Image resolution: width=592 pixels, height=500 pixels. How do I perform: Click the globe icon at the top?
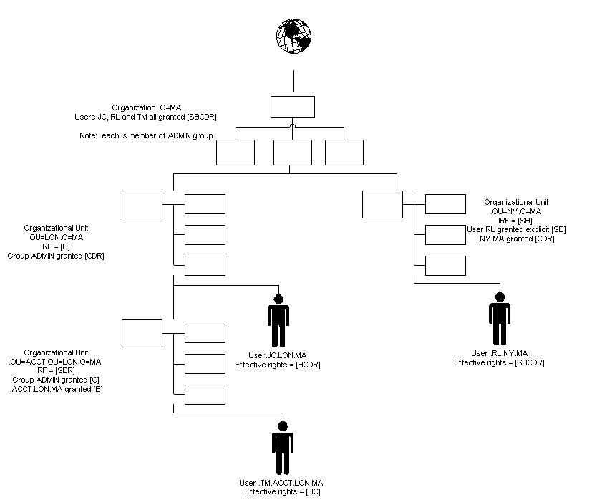coord(294,36)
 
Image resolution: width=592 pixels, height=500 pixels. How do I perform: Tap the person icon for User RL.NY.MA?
coord(500,319)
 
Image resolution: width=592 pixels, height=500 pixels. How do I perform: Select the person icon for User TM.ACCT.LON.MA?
coord(283,448)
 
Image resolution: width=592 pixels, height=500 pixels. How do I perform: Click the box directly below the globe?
coord(293,107)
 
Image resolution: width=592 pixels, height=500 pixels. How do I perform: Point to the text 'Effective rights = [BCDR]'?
coord(278,365)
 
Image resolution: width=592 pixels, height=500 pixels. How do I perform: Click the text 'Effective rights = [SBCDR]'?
coord(499,362)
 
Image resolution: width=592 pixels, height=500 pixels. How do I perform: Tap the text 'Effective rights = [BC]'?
coord(283,491)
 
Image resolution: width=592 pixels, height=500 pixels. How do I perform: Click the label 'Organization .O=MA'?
coord(146,107)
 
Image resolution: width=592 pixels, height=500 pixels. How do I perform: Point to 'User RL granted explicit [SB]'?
coord(517,229)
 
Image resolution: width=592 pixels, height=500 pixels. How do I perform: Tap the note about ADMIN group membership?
coord(146,135)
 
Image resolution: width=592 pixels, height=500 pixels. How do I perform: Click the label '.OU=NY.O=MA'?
coord(517,211)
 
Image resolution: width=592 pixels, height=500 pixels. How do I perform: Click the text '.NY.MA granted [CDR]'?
coord(517,239)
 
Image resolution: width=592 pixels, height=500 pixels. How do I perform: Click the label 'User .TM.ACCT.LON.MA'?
coord(281,483)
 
